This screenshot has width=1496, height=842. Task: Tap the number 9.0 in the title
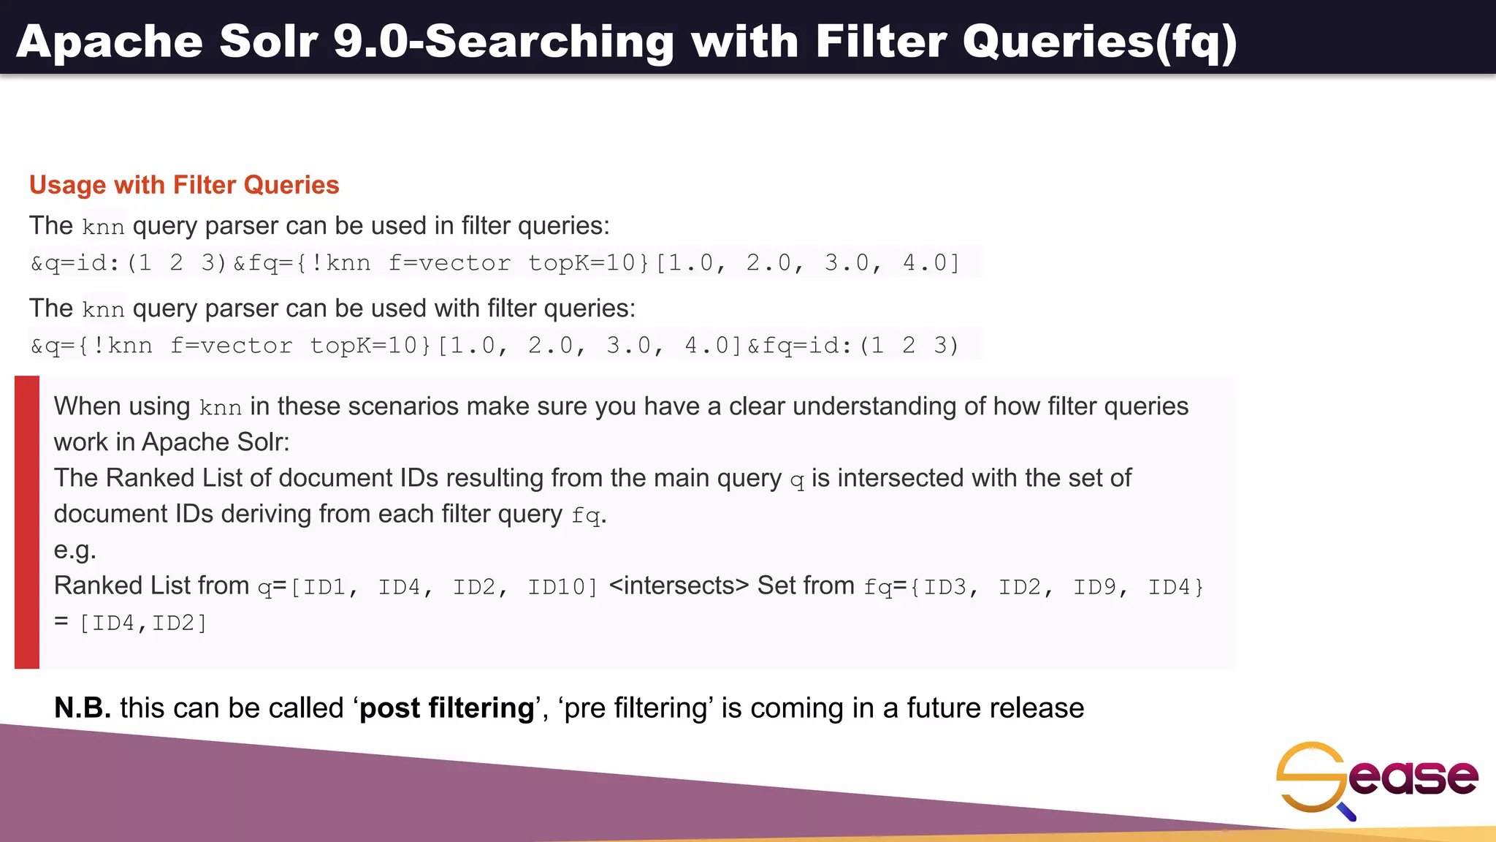tap(370, 41)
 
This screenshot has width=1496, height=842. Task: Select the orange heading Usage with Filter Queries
tap(184, 185)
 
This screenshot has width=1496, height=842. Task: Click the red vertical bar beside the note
tap(27, 522)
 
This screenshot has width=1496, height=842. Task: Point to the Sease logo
tap(1376, 779)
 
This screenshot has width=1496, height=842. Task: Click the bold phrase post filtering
tap(447, 708)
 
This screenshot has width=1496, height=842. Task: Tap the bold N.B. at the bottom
tap(82, 708)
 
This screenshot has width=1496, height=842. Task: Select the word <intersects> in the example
tap(679, 585)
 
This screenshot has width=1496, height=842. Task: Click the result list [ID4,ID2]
tap(143, 623)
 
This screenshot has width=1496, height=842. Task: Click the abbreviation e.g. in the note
tap(75, 550)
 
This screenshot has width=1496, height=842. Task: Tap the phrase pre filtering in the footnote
tap(638, 708)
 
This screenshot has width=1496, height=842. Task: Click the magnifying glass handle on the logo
tap(1346, 811)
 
